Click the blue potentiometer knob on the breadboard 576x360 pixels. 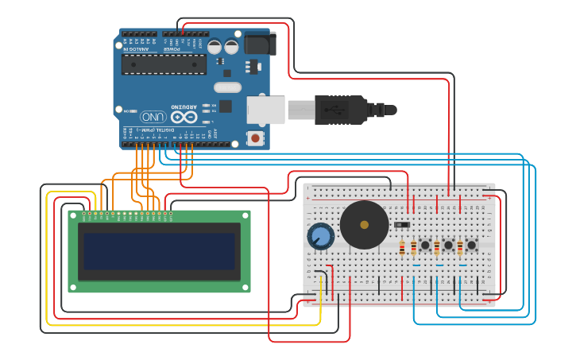[x=321, y=236]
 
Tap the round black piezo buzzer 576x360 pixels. [x=364, y=225]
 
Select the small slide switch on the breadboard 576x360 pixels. [x=402, y=225]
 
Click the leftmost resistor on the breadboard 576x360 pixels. [x=402, y=249]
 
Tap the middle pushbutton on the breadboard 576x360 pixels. [x=448, y=246]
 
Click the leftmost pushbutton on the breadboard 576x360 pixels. [x=425, y=246]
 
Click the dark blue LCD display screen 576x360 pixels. [x=160, y=250]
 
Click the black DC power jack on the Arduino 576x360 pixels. [x=257, y=44]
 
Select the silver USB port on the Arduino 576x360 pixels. [x=265, y=109]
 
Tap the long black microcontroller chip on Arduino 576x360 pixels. [x=163, y=64]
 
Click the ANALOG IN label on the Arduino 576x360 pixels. [x=136, y=48]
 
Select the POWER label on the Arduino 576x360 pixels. [x=172, y=48]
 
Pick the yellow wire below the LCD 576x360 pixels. [x=183, y=324]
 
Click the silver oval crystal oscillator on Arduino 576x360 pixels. [x=227, y=87]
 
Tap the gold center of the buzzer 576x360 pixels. [x=364, y=225]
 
